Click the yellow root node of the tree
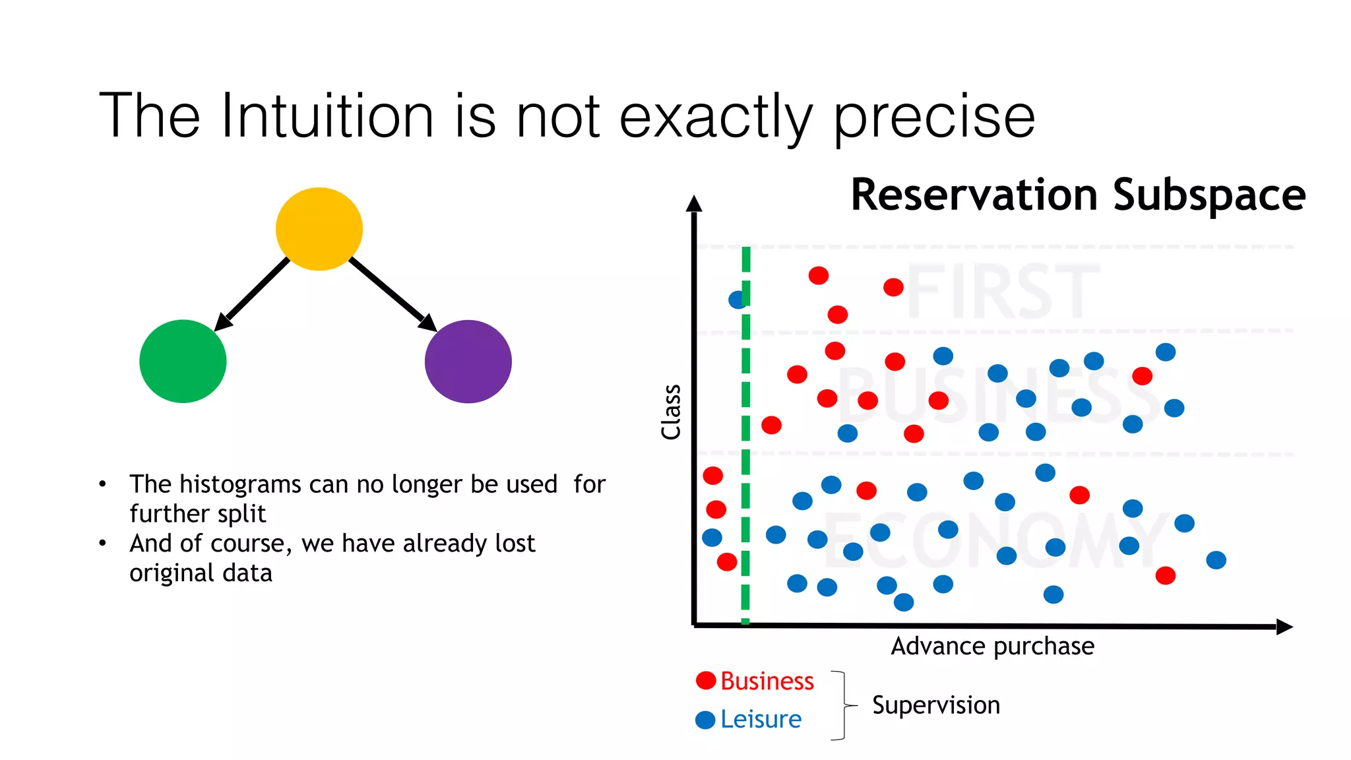click(x=319, y=229)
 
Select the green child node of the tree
click(x=183, y=362)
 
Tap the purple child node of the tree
click(x=468, y=362)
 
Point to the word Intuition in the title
click(x=327, y=117)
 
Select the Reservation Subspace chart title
click(x=1077, y=195)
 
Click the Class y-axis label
click(x=671, y=412)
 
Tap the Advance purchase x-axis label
click(x=992, y=646)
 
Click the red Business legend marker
click(x=706, y=680)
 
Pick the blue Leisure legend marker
click(x=705, y=720)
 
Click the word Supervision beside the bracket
click(x=935, y=705)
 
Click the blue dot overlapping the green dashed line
click(x=736, y=300)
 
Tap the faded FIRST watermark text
click(x=1003, y=291)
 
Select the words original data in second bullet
click(x=201, y=573)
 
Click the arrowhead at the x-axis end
click(x=1284, y=627)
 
